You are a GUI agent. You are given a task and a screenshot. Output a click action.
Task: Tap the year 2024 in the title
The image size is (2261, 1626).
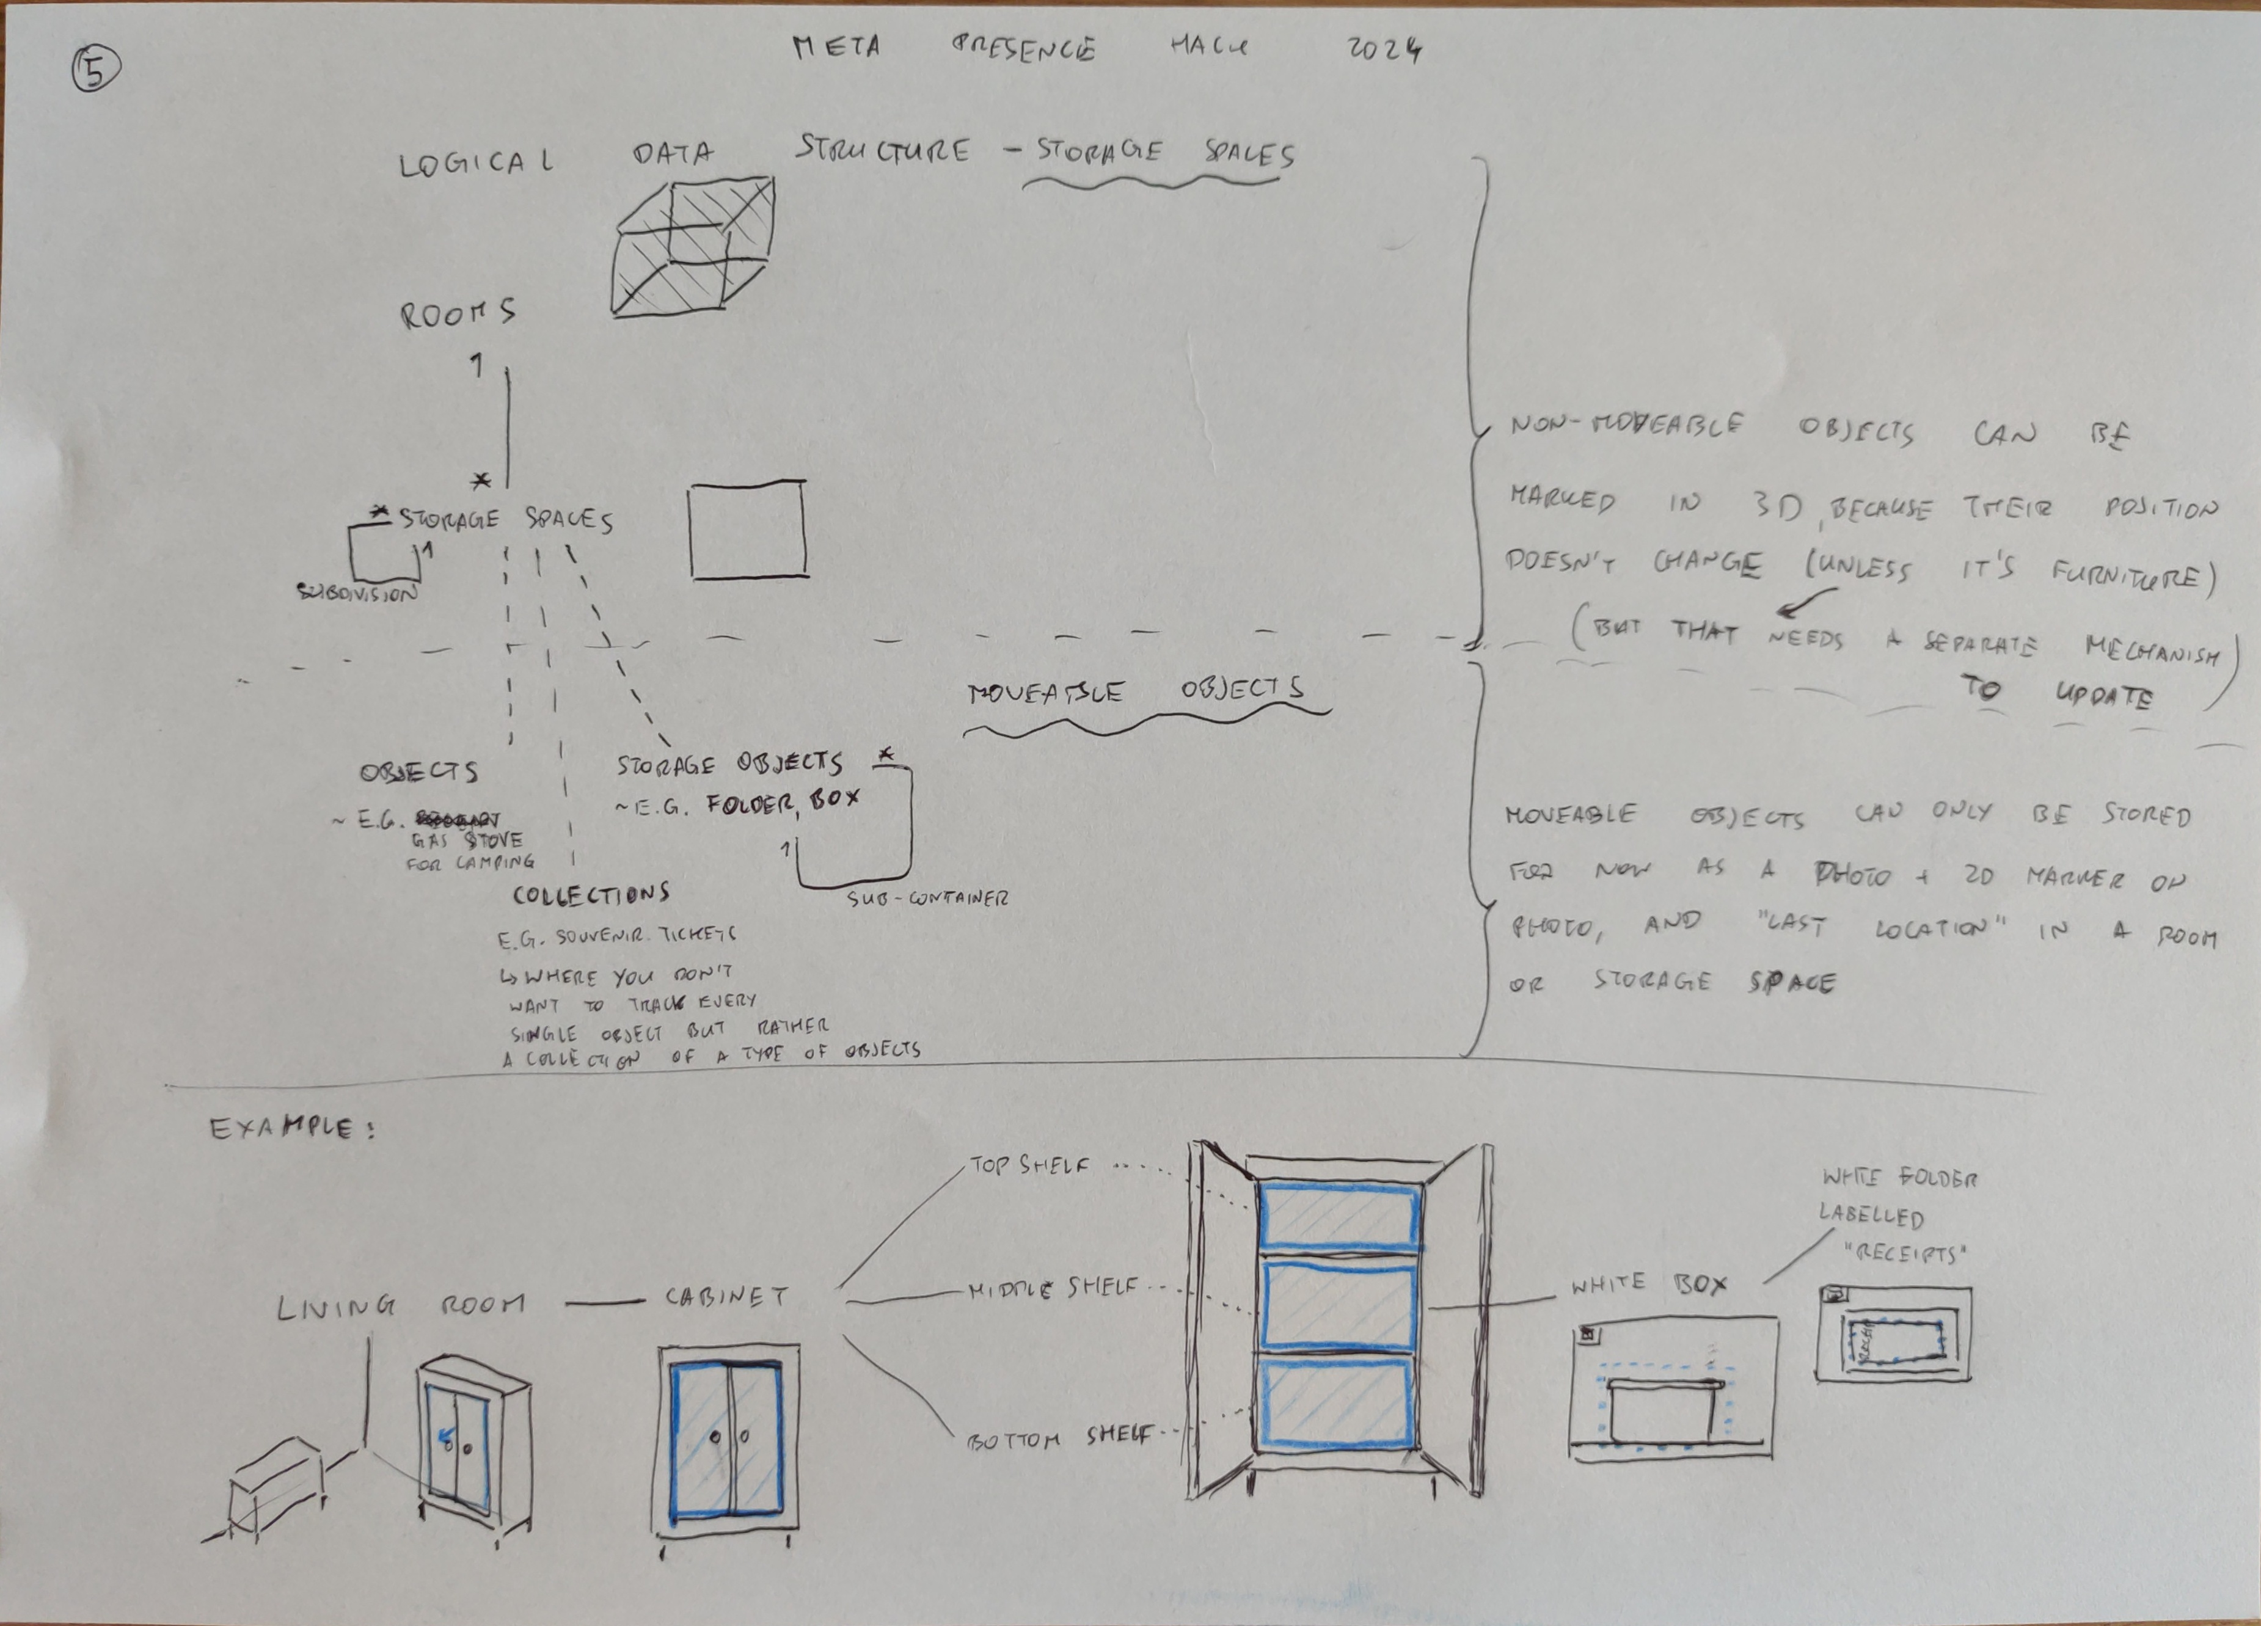[1384, 49]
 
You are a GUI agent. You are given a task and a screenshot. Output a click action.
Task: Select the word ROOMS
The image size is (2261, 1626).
[458, 314]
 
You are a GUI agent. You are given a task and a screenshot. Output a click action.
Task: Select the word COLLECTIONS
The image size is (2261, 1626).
[591, 894]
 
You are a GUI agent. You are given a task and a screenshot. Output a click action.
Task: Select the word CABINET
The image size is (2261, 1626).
[727, 1297]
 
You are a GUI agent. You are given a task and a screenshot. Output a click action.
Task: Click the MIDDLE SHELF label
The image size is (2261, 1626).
[1053, 1289]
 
